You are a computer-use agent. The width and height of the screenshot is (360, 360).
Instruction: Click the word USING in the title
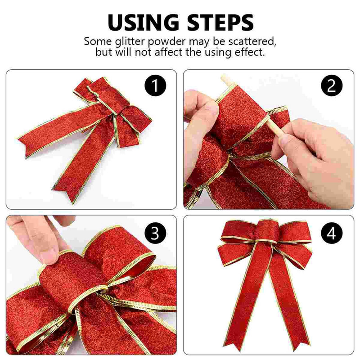click(x=143, y=22)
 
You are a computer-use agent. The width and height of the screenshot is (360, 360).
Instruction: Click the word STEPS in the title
click(x=220, y=22)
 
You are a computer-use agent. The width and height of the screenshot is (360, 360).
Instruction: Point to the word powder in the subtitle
click(x=166, y=42)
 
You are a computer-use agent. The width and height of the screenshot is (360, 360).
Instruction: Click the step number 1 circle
click(x=155, y=85)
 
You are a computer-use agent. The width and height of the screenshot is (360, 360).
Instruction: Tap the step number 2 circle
click(x=332, y=85)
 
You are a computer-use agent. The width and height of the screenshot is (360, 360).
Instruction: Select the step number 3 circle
click(x=155, y=233)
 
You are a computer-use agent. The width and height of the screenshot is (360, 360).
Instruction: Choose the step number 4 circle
click(x=332, y=233)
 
